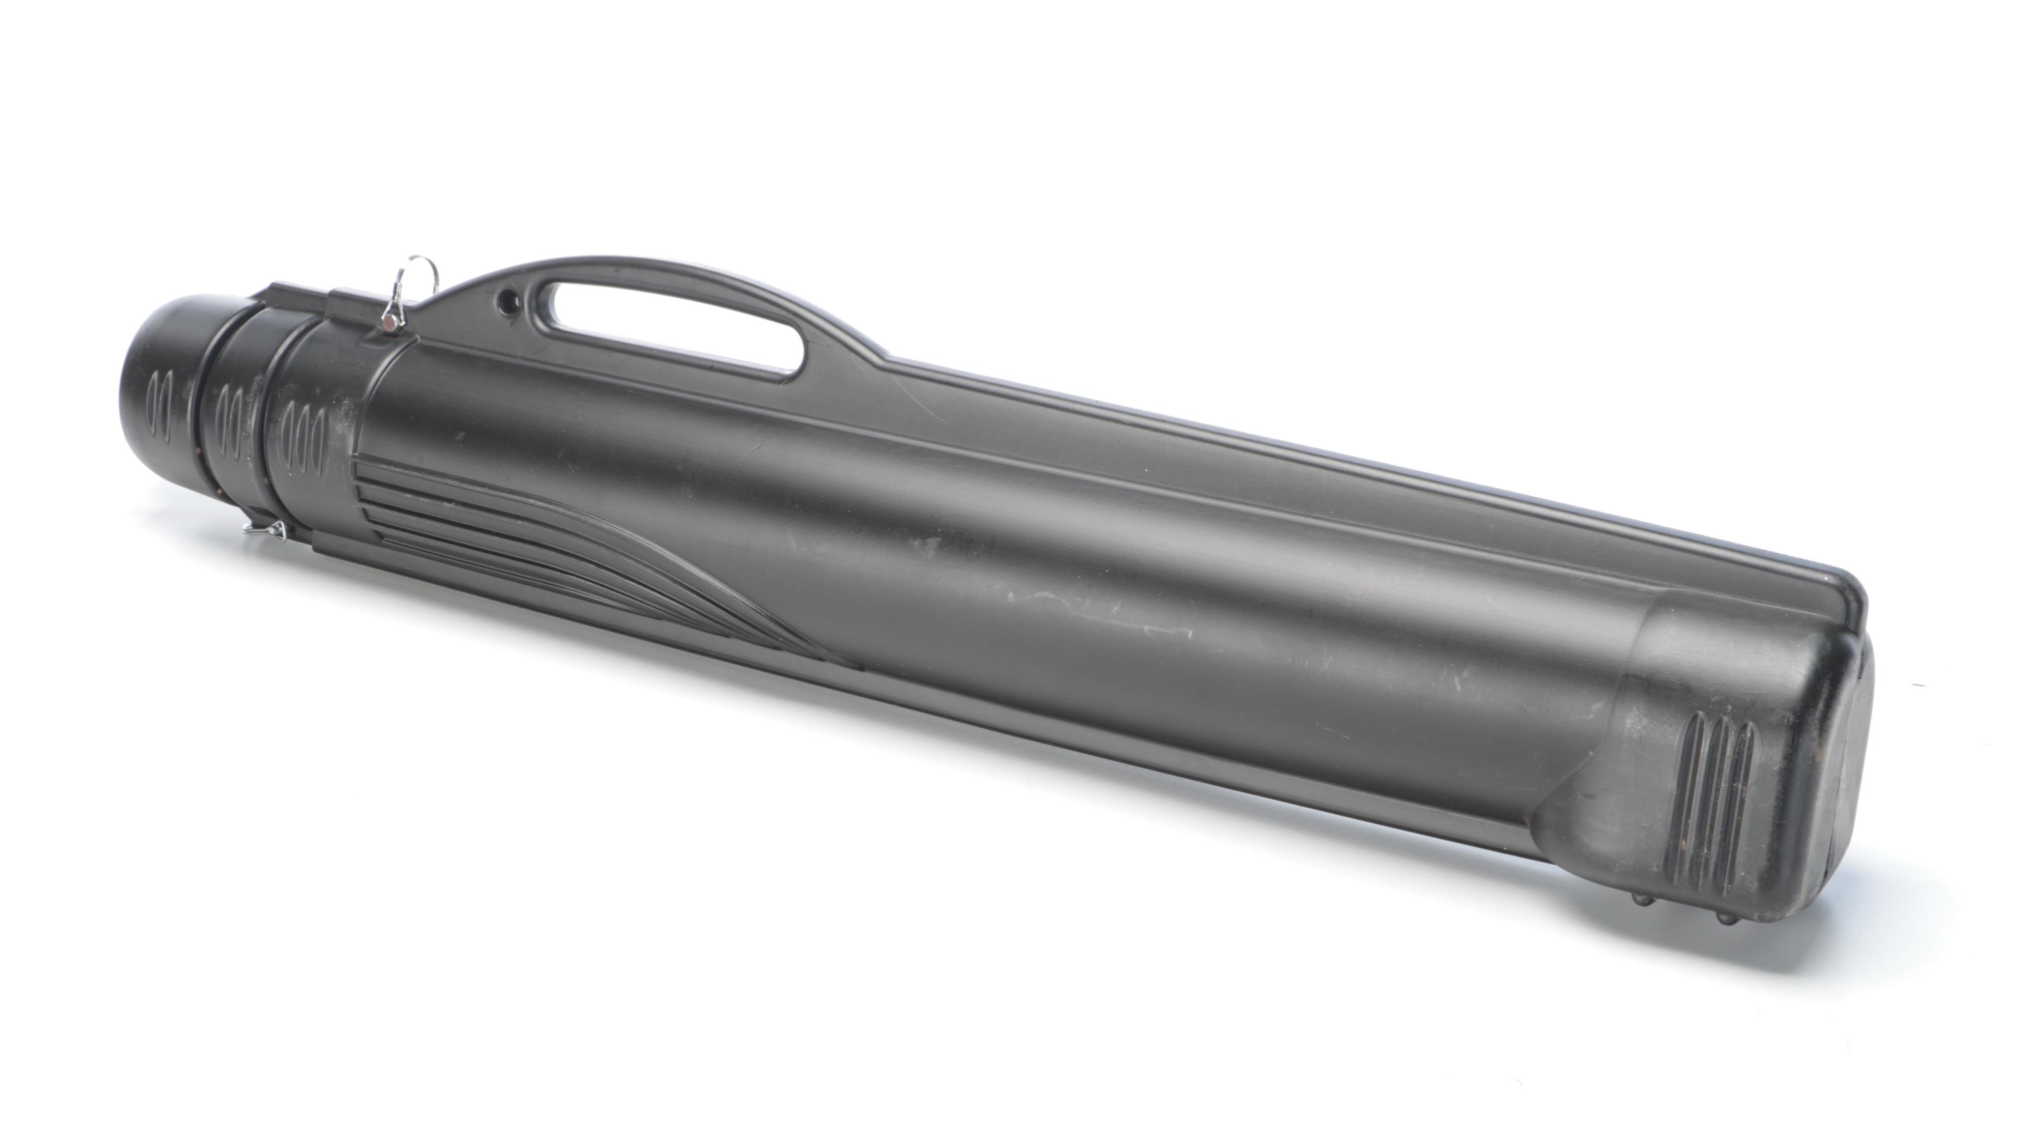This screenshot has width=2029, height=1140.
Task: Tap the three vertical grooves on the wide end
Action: (1721, 795)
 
